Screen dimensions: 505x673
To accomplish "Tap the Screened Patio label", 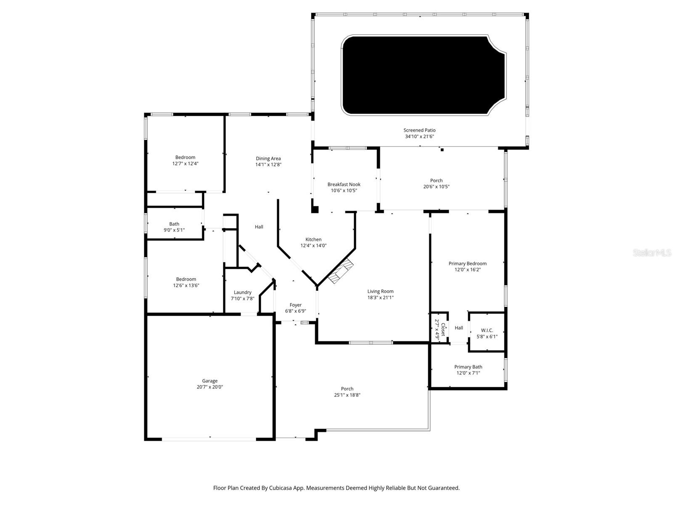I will pyautogui.click(x=419, y=130).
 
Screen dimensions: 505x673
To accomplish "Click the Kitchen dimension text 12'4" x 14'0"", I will pyautogui.click(x=313, y=246).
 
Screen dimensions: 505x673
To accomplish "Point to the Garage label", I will pyautogui.click(x=209, y=381).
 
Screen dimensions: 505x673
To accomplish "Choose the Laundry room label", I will pyautogui.click(x=242, y=292).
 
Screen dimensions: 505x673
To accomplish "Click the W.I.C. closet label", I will pyautogui.click(x=487, y=330).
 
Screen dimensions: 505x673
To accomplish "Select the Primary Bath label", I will pyautogui.click(x=468, y=367).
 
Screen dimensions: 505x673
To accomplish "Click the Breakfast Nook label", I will pyautogui.click(x=344, y=184).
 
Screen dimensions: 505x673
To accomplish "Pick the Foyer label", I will pyautogui.click(x=295, y=305).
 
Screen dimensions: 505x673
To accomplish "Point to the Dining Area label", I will pyautogui.click(x=268, y=159).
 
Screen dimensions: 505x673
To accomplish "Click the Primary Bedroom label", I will pyautogui.click(x=467, y=263).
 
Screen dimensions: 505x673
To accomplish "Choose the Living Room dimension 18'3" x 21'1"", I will pyautogui.click(x=380, y=298).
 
